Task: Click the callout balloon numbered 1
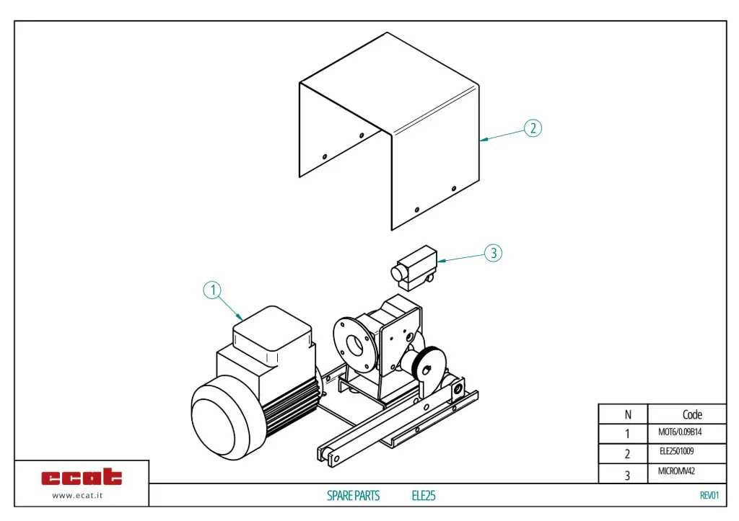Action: tap(211, 290)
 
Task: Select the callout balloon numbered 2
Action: tap(532, 128)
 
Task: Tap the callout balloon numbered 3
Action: tap(493, 253)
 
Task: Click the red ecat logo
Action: tap(82, 477)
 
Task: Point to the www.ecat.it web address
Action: tap(82, 495)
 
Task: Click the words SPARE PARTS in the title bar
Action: tap(353, 496)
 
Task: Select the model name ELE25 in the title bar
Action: tap(424, 496)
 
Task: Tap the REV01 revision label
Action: tap(709, 495)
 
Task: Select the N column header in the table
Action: tap(627, 414)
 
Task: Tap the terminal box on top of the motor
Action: tap(272, 328)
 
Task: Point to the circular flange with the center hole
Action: tap(354, 344)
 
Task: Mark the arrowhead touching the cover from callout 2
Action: tap(482, 139)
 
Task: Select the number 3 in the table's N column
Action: tap(627, 475)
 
